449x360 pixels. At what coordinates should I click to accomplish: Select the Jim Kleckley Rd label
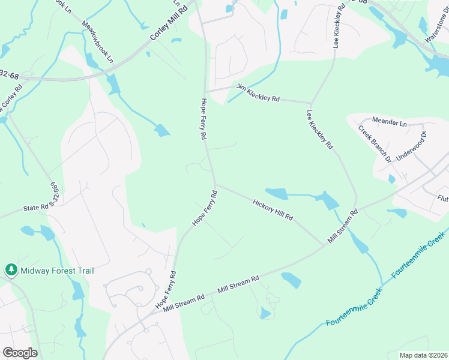click(x=258, y=93)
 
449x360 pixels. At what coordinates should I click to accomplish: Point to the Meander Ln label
click(x=389, y=122)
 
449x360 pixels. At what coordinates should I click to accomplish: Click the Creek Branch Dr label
click(x=375, y=143)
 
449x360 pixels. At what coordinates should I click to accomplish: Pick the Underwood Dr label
click(x=411, y=145)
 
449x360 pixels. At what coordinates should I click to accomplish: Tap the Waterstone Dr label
click(x=436, y=29)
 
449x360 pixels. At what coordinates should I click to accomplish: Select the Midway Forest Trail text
click(x=57, y=271)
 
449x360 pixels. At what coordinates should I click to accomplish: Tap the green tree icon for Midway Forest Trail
click(x=11, y=270)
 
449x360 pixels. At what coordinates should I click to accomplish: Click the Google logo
click(x=20, y=353)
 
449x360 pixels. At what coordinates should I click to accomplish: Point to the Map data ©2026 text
click(x=423, y=355)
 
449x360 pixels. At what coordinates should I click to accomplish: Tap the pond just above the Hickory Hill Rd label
click(x=277, y=193)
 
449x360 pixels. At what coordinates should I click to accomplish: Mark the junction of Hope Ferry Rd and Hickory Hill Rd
click(x=215, y=185)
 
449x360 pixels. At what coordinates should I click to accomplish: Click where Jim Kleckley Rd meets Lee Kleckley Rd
click(x=310, y=102)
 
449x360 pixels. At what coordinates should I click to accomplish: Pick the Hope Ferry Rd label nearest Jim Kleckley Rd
click(x=204, y=119)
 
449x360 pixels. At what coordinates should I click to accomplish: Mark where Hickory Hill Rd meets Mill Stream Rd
click(x=324, y=244)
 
